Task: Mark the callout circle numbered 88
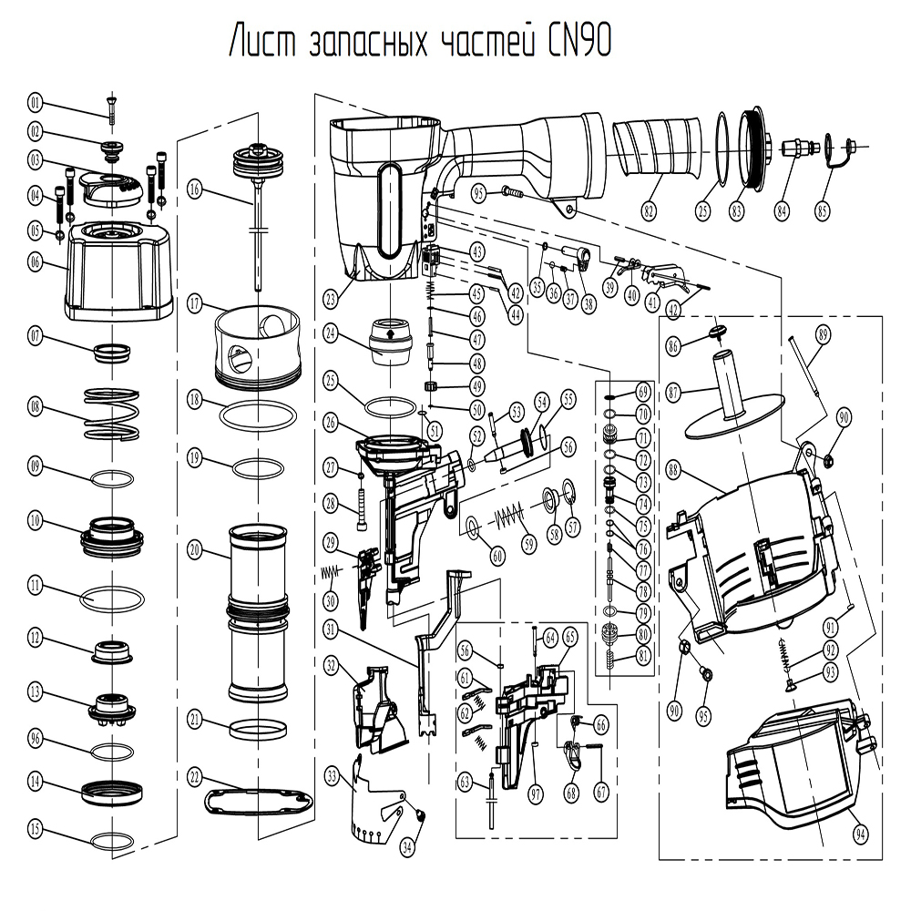click(674, 471)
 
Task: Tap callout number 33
click(332, 776)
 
